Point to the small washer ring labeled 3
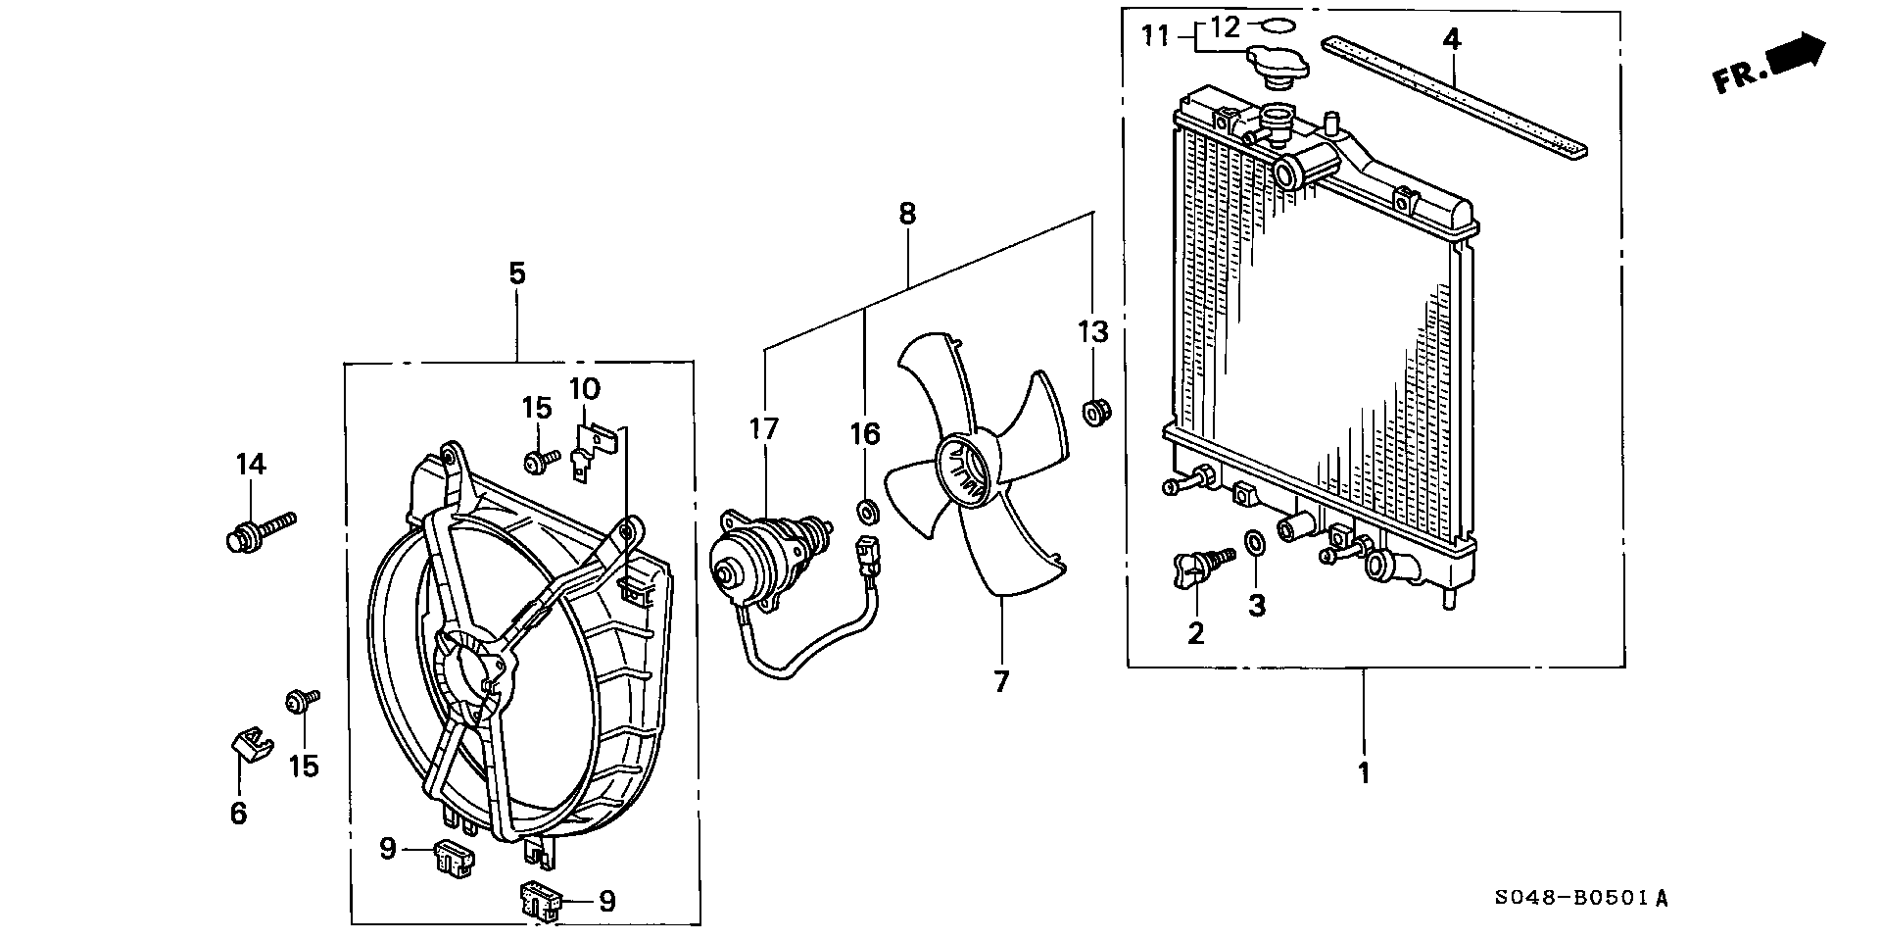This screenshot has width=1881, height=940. pos(1253,542)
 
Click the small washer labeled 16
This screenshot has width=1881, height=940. pos(866,511)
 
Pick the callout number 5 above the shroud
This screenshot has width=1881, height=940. pos(516,273)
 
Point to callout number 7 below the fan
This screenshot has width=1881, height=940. pos(1000,681)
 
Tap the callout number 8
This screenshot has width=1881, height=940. pos(907,213)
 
